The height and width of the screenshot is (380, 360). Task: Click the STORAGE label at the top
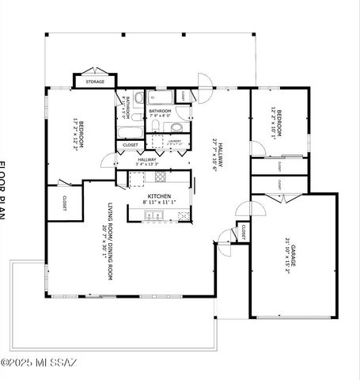coord(96,82)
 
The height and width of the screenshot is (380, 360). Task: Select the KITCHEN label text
coord(161,196)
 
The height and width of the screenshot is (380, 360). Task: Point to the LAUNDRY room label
coord(176,140)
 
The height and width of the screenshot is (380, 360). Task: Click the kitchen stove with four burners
coord(161,177)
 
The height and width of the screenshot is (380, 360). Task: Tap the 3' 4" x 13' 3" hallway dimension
coord(146,165)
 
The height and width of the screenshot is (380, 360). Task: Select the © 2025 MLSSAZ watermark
coord(39,363)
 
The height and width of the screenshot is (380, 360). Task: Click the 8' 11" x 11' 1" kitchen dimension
coord(161,203)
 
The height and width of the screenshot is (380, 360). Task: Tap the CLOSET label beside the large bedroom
coord(63,203)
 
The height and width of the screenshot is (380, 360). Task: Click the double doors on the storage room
coord(95,71)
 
